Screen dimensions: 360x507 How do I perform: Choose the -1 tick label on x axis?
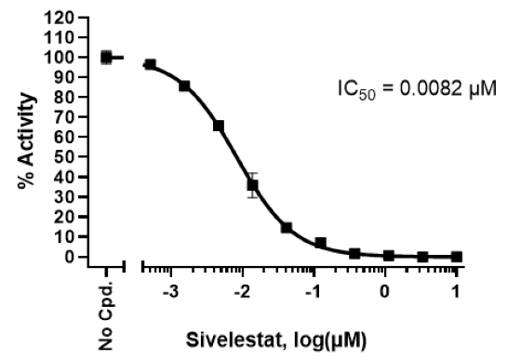[314, 292]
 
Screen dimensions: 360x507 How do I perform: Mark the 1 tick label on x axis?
[456, 292]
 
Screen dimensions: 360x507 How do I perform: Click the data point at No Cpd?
[106, 58]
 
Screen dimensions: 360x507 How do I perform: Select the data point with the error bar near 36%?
[252, 185]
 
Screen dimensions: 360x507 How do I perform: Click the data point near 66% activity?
[219, 126]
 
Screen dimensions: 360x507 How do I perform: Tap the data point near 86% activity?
[184, 86]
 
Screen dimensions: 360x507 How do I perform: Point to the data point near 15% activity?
[287, 227]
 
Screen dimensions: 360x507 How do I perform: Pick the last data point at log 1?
[456, 257]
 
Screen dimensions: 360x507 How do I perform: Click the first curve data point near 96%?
[150, 65]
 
